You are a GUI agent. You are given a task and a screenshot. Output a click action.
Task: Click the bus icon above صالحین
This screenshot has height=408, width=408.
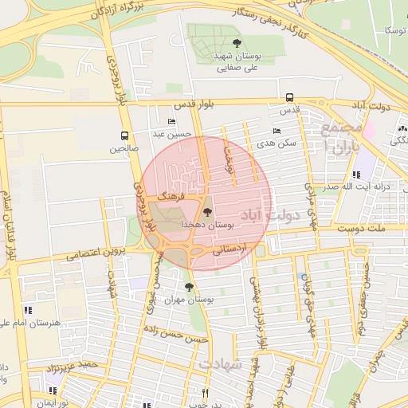(124, 135)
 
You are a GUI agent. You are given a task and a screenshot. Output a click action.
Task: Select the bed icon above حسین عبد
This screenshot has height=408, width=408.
(172, 122)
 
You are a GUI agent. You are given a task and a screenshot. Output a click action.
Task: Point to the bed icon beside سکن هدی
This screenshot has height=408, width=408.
(277, 131)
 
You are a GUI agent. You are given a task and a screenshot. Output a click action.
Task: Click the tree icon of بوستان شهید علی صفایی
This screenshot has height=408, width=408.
(235, 44)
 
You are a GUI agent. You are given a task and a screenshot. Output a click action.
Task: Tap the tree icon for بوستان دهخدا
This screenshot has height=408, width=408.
(208, 212)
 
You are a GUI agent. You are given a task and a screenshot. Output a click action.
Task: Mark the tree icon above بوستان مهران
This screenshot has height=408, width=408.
(189, 287)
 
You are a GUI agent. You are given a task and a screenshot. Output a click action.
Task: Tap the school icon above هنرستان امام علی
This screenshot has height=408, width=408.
(27, 309)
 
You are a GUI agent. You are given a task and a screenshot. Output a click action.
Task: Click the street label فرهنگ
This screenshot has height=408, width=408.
(171, 194)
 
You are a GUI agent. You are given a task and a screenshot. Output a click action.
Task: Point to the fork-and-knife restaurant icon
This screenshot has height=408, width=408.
(205, 393)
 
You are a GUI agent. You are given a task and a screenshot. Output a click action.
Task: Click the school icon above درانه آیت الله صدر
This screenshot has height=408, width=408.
(356, 174)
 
